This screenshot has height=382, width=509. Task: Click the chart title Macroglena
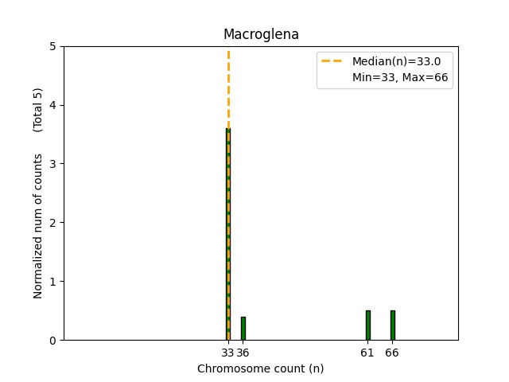click(x=261, y=34)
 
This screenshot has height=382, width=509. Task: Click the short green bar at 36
click(x=243, y=329)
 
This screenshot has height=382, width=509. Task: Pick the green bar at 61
click(x=367, y=325)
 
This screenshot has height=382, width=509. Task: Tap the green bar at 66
click(x=392, y=325)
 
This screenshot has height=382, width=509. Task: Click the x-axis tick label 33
click(x=227, y=353)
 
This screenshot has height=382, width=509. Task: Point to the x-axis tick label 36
click(x=243, y=353)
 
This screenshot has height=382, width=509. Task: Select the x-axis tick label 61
click(x=367, y=353)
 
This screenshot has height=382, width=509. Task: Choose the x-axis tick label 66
click(x=392, y=353)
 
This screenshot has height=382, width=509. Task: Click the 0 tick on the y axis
click(x=52, y=341)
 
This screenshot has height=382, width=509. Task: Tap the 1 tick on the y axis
click(x=52, y=282)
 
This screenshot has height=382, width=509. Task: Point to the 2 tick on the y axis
click(x=52, y=223)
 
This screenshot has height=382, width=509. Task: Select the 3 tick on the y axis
click(x=52, y=164)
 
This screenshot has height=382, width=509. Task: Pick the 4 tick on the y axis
click(x=52, y=105)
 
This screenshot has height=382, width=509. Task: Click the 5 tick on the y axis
click(x=52, y=46)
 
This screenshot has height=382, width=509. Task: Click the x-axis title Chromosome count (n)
click(x=261, y=368)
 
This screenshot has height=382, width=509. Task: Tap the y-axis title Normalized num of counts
click(x=38, y=226)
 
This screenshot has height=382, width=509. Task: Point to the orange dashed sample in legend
click(x=334, y=61)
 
